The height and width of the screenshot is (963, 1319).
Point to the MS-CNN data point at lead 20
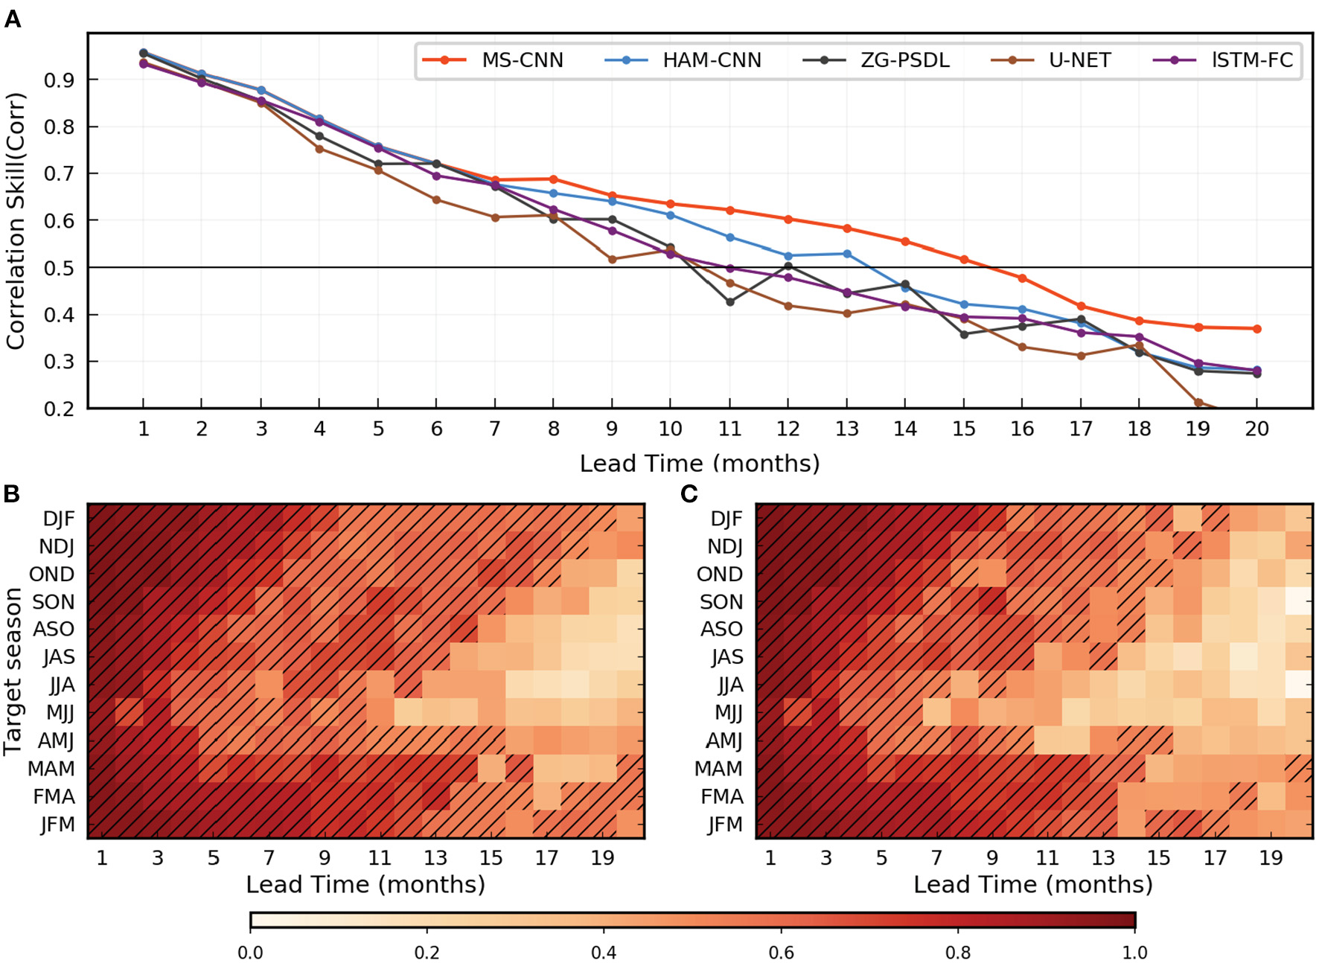pos(1256,329)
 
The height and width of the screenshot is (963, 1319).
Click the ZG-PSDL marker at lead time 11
pos(729,302)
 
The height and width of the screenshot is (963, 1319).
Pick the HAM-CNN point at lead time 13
pos(846,254)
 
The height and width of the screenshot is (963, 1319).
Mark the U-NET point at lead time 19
pos(1198,403)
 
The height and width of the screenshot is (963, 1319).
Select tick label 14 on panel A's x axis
pos(905,429)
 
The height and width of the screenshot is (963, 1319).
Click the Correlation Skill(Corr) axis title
pos(16,221)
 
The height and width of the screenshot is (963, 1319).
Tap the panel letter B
pos(12,494)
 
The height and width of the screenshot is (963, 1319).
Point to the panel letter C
pos(689,494)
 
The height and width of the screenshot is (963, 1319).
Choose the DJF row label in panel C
pos(726,519)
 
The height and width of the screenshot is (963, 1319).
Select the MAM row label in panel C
pos(719,769)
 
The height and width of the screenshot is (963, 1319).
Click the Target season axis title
pos(13,671)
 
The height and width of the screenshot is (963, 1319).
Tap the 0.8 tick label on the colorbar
pos(957,953)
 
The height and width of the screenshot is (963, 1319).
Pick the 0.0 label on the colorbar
pos(250,953)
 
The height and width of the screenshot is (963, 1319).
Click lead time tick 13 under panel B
pos(435,858)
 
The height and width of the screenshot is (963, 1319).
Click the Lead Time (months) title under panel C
pos(1033,884)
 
